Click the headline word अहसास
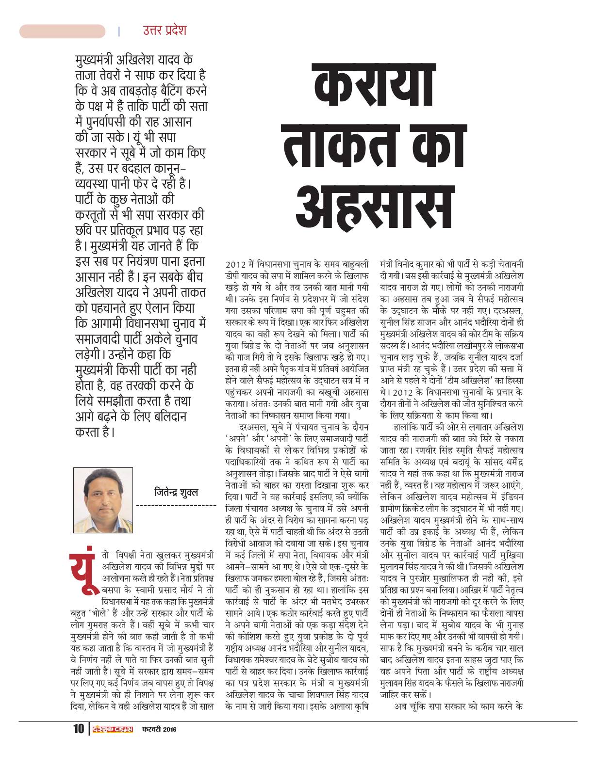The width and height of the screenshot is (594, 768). coord(376,202)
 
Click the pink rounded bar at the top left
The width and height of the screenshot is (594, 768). coord(62,32)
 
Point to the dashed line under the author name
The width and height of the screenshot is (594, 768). coord(176,506)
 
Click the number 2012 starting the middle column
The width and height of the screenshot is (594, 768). coord(234,265)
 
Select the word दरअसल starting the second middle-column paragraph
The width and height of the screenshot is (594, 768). coord(252,427)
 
